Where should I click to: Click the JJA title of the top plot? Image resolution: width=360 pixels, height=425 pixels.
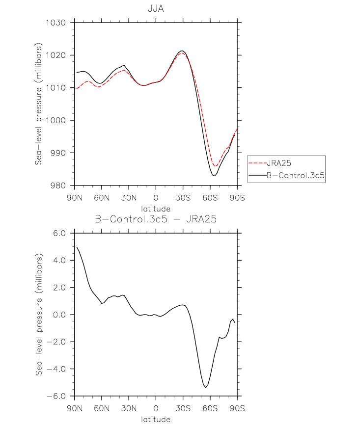click(x=156, y=9)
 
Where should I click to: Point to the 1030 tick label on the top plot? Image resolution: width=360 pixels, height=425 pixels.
click(x=55, y=23)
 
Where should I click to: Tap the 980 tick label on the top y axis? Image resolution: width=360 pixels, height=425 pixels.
click(x=58, y=186)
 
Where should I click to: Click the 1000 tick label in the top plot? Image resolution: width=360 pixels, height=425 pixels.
click(x=55, y=120)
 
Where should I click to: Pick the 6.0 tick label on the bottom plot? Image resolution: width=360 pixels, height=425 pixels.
click(x=59, y=233)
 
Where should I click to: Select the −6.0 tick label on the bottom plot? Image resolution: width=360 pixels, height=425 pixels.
click(x=56, y=396)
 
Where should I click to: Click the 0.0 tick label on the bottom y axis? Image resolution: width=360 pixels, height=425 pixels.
click(x=59, y=315)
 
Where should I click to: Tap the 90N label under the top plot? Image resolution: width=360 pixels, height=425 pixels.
click(x=75, y=198)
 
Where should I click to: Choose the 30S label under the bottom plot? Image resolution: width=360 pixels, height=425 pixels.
click(x=183, y=408)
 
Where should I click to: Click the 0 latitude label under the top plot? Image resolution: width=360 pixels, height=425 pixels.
click(x=156, y=198)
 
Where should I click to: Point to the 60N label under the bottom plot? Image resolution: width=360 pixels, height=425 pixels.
click(x=102, y=408)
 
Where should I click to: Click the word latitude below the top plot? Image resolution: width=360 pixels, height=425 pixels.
click(x=156, y=209)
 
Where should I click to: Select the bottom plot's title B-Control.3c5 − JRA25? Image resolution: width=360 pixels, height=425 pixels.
click(x=156, y=219)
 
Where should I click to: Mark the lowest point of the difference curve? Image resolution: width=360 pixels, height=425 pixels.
click(x=206, y=388)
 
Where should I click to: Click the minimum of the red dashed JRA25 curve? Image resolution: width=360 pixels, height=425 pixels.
click(x=215, y=166)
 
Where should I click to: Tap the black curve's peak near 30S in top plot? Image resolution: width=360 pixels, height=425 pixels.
click(x=182, y=51)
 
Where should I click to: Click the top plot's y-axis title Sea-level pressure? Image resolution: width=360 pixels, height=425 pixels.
click(x=38, y=104)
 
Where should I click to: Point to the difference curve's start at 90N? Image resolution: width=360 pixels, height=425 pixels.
click(x=77, y=247)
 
